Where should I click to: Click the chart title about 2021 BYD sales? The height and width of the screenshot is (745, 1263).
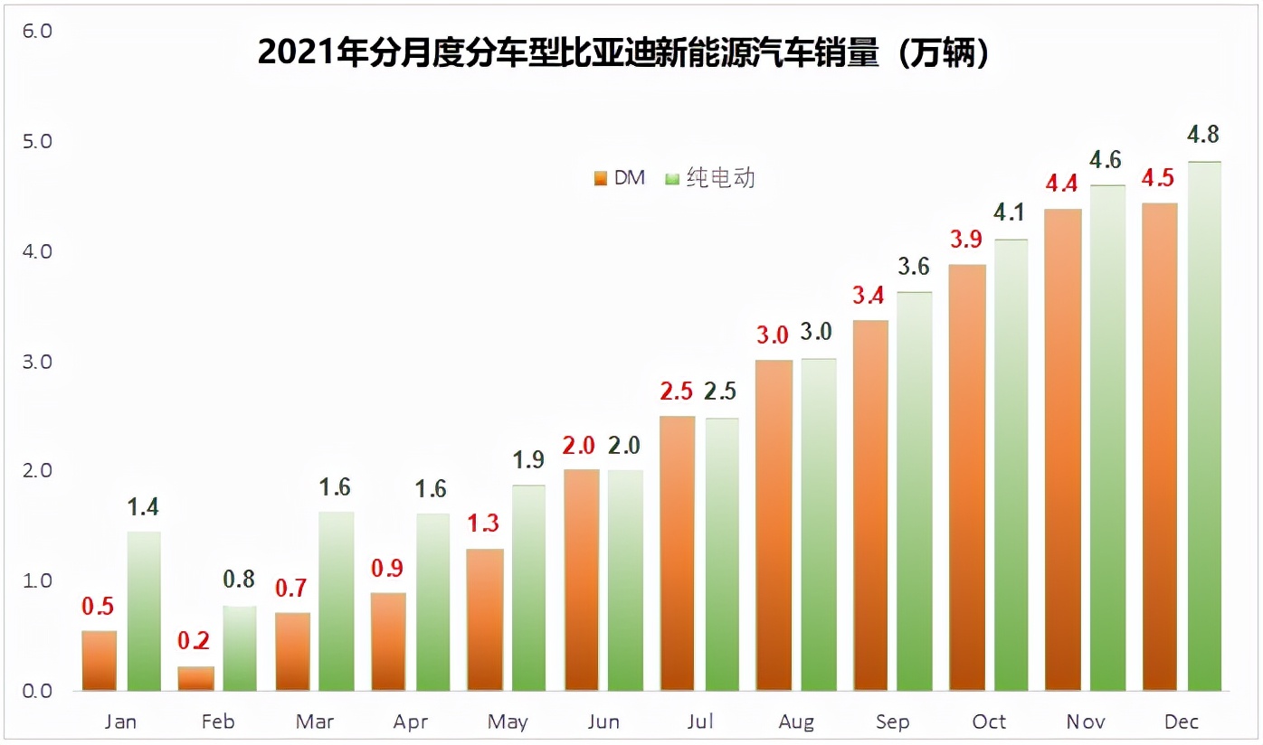tap(623, 52)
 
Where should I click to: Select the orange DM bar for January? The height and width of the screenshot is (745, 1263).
tap(100, 661)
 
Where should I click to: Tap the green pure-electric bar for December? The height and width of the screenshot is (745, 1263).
tap(1204, 426)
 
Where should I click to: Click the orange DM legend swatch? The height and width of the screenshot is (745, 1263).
tap(600, 179)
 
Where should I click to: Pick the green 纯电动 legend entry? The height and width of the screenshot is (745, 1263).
tap(710, 178)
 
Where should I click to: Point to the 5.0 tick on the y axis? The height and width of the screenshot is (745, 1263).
tap(36, 142)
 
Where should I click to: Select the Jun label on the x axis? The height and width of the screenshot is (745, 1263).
tap(603, 721)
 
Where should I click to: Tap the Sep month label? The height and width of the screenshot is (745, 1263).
tap(893, 721)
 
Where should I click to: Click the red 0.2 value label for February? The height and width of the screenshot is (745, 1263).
tap(194, 641)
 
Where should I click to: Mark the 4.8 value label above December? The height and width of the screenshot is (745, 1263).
tap(1204, 135)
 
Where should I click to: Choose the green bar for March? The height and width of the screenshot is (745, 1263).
tap(337, 601)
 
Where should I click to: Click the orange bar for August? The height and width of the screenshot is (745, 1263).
tap(774, 525)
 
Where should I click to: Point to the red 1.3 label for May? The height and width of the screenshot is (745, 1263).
tap(484, 523)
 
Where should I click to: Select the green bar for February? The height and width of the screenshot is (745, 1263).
tap(240, 648)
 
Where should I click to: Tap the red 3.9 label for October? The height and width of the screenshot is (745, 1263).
tap(967, 240)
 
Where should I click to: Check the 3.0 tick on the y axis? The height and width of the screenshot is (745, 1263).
tap(36, 362)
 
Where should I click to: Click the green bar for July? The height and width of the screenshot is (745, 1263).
tap(721, 554)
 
